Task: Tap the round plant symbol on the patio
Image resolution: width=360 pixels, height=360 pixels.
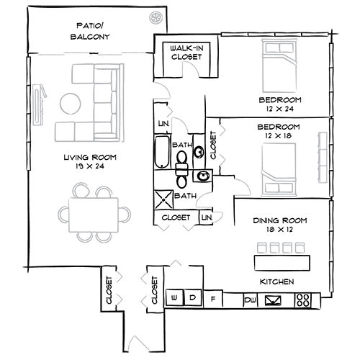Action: click(155, 17)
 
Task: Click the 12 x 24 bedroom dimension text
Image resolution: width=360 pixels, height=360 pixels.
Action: click(279, 109)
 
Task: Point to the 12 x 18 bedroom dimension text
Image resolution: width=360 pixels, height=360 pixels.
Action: click(279, 135)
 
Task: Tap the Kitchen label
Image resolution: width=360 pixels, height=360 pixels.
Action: click(276, 281)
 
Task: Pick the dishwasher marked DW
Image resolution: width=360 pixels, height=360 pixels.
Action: click(251, 299)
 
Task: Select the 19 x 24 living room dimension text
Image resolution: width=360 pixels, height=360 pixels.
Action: click(90, 166)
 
